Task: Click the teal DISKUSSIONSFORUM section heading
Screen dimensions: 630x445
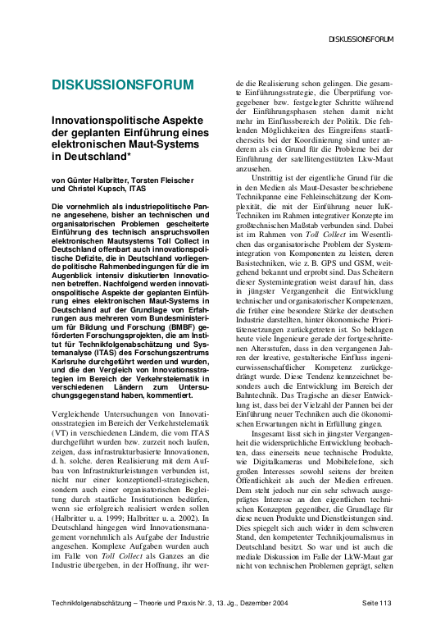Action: pyautogui.click(x=123, y=85)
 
